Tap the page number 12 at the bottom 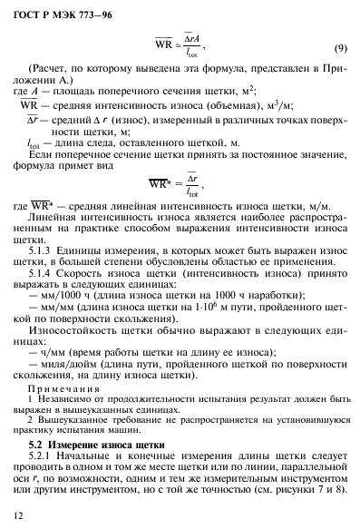[x=19, y=514]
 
